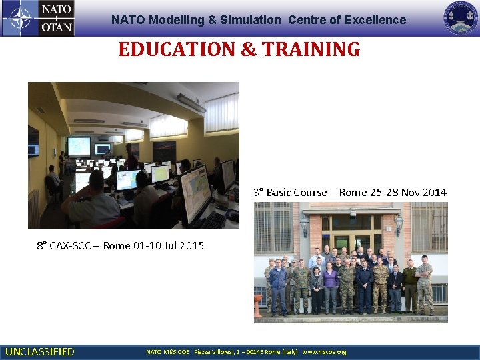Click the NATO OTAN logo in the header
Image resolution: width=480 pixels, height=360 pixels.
point(38,18)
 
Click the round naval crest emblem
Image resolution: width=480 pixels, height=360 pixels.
point(461,18)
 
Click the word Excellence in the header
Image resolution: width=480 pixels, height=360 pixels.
point(375,20)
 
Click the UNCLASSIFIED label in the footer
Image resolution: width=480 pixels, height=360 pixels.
point(40,351)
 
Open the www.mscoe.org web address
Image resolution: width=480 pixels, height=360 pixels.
point(325,351)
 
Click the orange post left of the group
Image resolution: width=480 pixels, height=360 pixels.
point(258,305)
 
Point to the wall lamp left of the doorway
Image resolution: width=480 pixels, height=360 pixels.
point(304,225)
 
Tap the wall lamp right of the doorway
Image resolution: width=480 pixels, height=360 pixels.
point(399,224)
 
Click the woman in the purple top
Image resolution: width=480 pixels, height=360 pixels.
point(330,285)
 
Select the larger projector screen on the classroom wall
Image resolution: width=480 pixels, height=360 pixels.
point(79,145)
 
